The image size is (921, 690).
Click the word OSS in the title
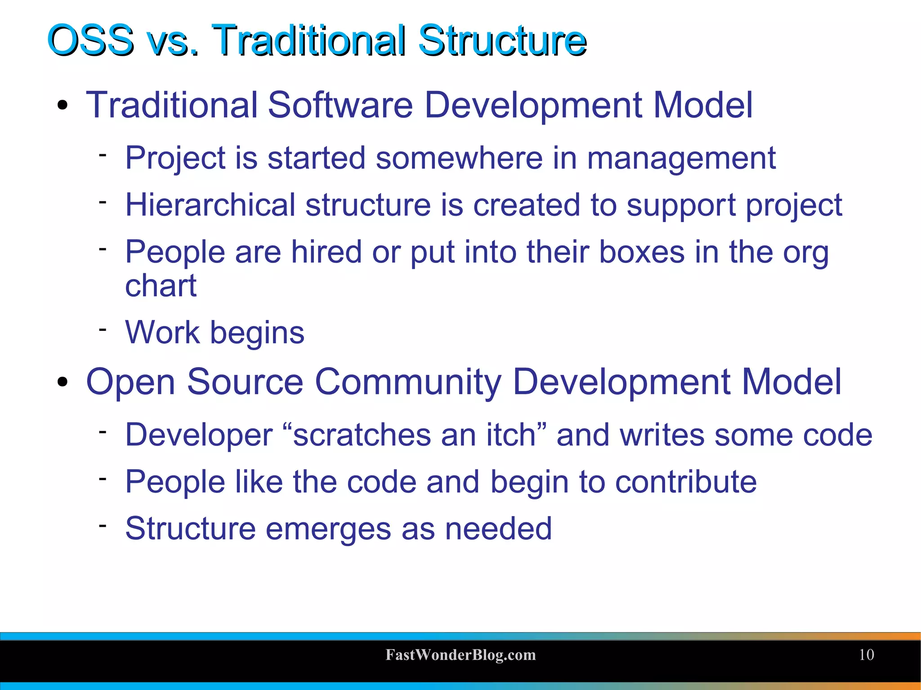pos(90,40)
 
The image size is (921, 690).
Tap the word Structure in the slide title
pos(502,40)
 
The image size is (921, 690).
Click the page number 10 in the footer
pos(866,654)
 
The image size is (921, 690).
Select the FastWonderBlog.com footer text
pos(460,655)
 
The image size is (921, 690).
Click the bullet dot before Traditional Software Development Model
pos(63,106)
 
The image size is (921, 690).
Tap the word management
pos(681,158)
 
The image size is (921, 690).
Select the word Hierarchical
pos(210,205)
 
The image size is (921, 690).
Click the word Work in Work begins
pos(162,333)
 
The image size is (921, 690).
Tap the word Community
pos(407,382)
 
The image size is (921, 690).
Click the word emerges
pos(328,529)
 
